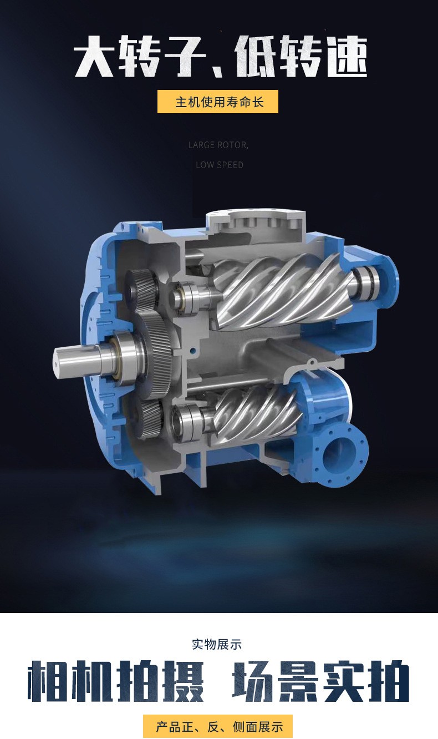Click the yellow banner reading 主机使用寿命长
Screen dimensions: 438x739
click(x=218, y=102)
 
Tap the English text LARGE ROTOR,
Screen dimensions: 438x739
click(x=218, y=145)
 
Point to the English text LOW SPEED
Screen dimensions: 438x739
click(x=220, y=165)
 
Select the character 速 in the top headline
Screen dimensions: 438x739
click(x=347, y=57)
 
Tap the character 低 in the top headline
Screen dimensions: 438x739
click(x=256, y=57)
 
